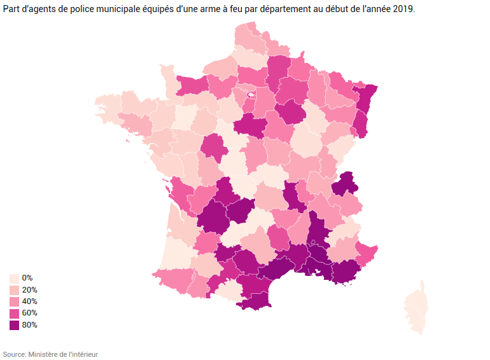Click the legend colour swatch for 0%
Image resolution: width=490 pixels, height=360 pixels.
[14, 279]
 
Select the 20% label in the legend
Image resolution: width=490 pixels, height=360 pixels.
[29, 290]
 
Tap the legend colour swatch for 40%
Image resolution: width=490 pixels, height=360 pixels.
[14, 301]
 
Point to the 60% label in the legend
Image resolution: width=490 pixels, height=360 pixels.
[29, 313]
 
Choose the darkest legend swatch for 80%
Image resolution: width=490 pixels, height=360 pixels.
[14, 325]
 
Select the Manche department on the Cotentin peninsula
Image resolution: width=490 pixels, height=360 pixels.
[169, 80]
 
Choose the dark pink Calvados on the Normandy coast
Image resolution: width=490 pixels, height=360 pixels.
[192, 85]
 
